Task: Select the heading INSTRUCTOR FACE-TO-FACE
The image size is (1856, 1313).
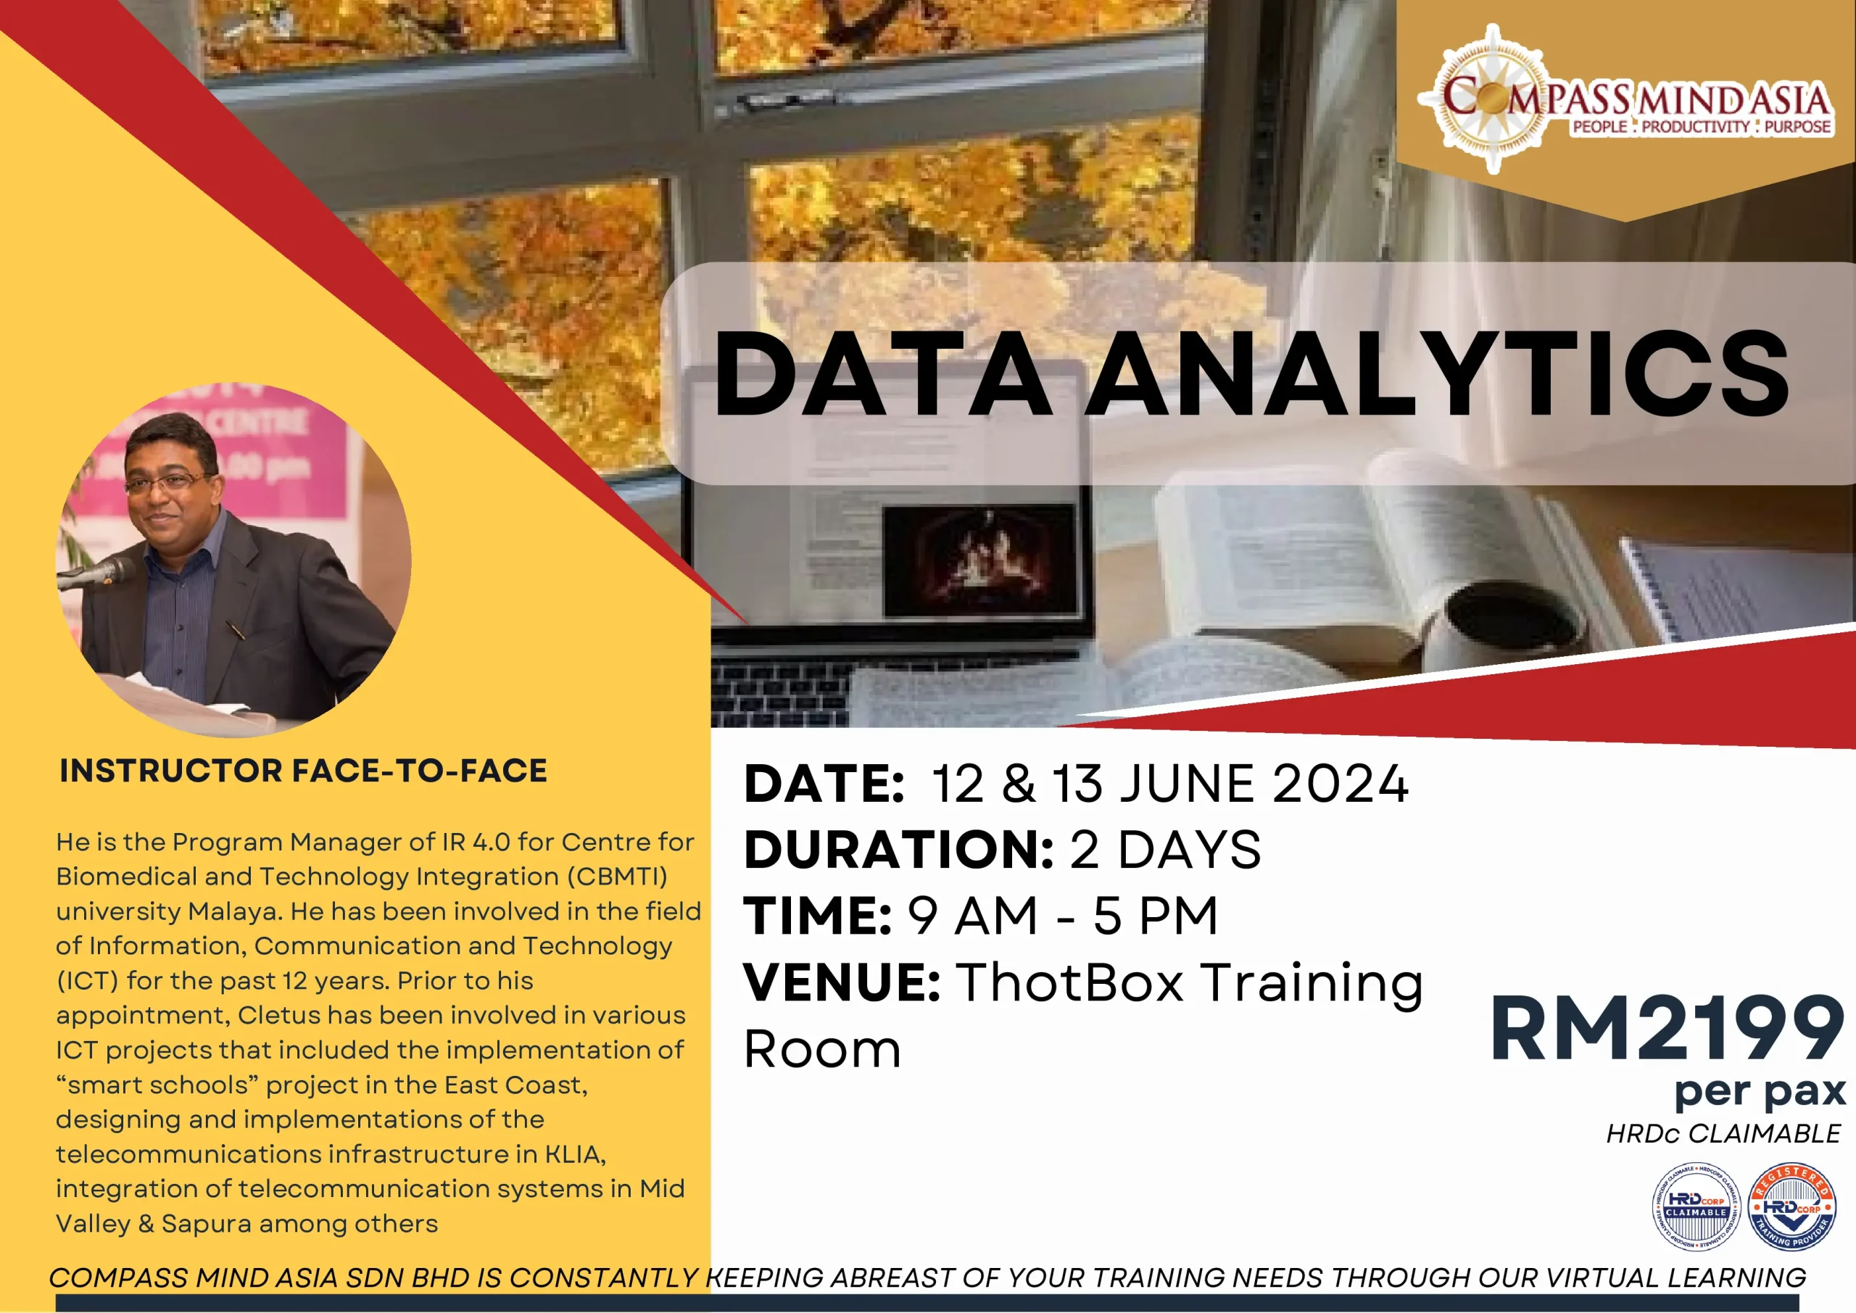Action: point(303,771)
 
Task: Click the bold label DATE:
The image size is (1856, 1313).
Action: point(823,784)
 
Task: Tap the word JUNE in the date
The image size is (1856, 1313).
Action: point(1188,784)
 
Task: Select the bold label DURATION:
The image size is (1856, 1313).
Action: point(898,850)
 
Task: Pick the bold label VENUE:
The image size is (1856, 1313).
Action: point(842,983)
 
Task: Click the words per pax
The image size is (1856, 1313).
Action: point(1760,1093)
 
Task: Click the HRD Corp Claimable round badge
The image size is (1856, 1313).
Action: point(1696,1208)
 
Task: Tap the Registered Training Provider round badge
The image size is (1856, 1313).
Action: point(1791,1208)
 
